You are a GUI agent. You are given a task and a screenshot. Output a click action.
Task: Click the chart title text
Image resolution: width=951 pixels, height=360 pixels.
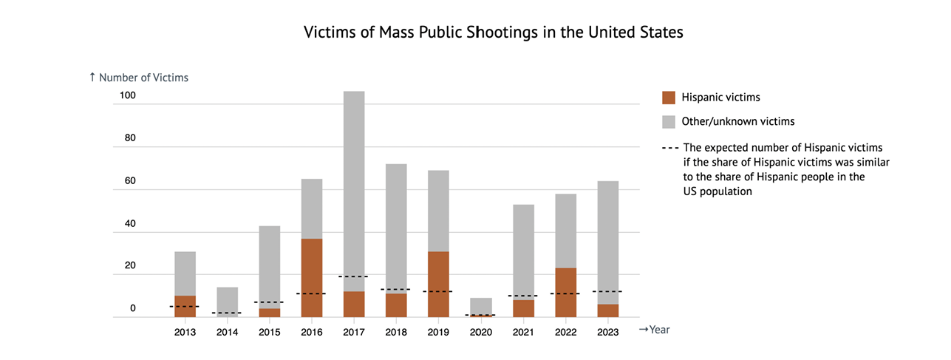(494, 33)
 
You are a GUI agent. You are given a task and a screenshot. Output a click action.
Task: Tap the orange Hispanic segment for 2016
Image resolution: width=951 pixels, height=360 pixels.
(312, 278)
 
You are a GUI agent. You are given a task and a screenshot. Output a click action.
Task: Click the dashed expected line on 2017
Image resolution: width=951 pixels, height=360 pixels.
(354, 276)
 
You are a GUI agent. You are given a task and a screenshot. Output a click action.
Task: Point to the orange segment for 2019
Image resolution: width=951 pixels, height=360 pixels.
(438, 285)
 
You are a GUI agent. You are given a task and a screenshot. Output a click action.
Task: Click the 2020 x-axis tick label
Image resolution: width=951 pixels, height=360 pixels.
(480, 332)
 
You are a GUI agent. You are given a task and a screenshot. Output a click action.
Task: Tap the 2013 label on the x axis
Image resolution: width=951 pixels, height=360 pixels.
(185, 332)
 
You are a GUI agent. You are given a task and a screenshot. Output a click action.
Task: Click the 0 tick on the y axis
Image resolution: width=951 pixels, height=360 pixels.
(133, 308)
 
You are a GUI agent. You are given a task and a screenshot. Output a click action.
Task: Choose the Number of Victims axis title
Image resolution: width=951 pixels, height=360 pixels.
(138, 77)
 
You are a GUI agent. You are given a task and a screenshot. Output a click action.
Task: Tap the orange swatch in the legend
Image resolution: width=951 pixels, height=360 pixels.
(669, 97)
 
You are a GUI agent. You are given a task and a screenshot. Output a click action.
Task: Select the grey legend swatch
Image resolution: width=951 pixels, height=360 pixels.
(669, 121)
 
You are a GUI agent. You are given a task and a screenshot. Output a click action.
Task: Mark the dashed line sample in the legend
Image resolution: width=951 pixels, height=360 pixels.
(669, 148)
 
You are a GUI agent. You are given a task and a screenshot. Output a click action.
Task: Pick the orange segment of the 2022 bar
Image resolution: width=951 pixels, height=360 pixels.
(565, 293)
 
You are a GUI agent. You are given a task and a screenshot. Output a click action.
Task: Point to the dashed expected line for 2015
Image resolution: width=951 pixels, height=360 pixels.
(270, 302)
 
